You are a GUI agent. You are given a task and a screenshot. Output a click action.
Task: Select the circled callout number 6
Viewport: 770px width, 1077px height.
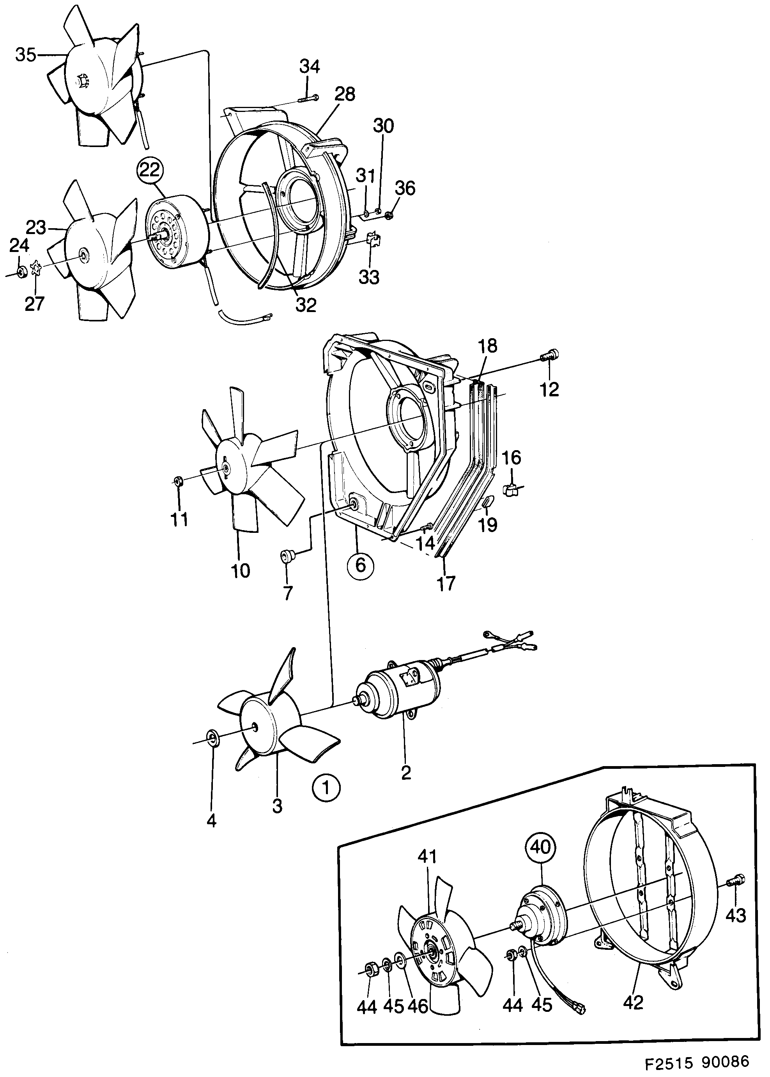point(360,565)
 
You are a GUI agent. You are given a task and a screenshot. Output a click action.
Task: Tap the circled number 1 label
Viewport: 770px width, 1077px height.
point(326,788)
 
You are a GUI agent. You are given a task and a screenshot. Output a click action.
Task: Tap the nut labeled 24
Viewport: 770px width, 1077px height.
point(21,273)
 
